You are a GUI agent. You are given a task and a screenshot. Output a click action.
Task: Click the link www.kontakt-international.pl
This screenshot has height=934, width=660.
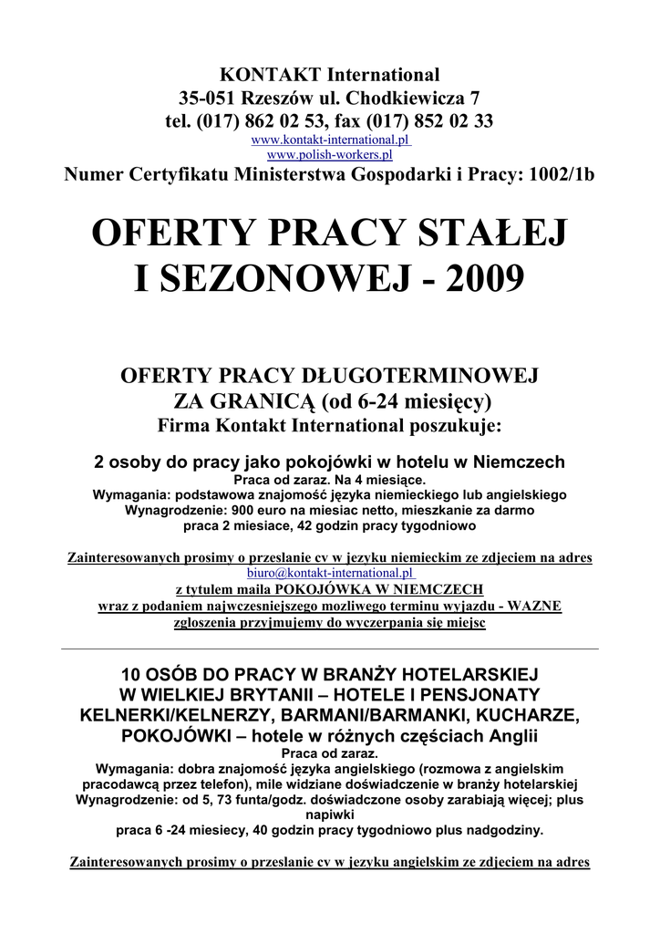click(x=329, y=140)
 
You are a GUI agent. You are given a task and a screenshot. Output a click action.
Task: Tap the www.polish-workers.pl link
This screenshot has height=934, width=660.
click(x=329, y=155)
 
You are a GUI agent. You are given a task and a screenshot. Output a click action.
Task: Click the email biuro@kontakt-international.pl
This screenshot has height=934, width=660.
click(x=329, y=573)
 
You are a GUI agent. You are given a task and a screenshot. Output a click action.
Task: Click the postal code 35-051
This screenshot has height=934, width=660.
click(x=211, y=98)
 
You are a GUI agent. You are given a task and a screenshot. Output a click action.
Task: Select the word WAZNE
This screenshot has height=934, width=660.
click(x=536, y=607)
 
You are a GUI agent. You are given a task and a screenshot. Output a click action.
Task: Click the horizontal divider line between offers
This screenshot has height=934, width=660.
click(x=329, y=648)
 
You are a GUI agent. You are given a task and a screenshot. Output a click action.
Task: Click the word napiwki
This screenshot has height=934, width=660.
click(x=329, y=815)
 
